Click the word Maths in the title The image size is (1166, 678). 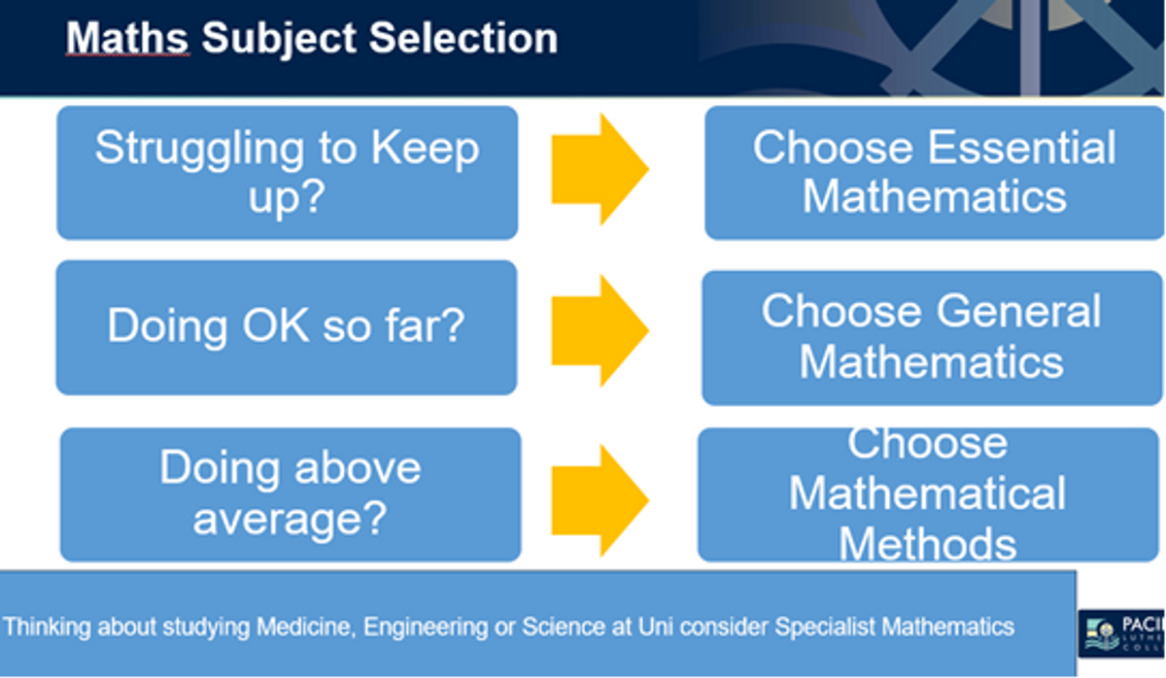(x=126, y=38)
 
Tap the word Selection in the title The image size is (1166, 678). (x=463, y=38)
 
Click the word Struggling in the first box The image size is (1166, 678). (x=199, y=150)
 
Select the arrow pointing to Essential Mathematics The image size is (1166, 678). (x=600, y=169)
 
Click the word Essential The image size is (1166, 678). (x=1022, y=148)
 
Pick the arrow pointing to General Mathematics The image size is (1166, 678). (x=600, y=330)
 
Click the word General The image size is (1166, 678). (x=1018, y=311)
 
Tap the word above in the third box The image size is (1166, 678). (x=358, y=468)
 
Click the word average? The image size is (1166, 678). (x=290, y=519)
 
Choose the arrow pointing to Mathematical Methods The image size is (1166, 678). (x=600, y=500)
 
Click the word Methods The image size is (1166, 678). (x=928, y=544)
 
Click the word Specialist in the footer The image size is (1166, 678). (x=825, y=627)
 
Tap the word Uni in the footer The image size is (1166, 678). (x=656, y=627)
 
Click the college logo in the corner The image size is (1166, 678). (x=1121, y=633)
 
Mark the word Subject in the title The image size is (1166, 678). (x=279, y=40)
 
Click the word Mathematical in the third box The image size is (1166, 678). (x=928, y=493)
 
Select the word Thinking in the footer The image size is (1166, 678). (x=48, y=627)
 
